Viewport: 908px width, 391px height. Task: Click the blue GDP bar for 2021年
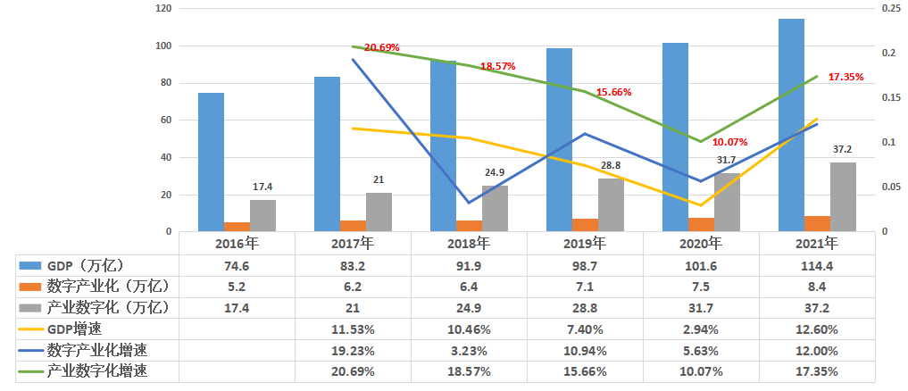coord(791,125)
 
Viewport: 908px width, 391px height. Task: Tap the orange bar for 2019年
coord(585,225)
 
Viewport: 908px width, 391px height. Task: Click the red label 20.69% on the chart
coord(381,47)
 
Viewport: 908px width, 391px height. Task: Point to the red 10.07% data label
coord(729,142)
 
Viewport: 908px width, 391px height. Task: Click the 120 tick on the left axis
coord(162,8)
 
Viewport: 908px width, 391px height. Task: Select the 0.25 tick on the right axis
coord(889,8)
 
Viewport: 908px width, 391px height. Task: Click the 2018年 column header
coord(469,243)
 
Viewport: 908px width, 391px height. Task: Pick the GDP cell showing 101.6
coord(701,265)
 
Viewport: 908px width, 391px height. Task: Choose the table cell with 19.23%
coord(353,350)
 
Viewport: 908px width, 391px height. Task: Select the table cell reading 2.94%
coord(701,329)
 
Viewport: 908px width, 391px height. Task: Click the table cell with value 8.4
coord(817,287)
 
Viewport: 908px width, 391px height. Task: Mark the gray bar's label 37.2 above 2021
coord(842,149)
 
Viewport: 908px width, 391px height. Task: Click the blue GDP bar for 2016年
coord(211,162)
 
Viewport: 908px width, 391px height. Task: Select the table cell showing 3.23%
coord(469,350)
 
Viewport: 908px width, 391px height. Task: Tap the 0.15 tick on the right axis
coord(889,97)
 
